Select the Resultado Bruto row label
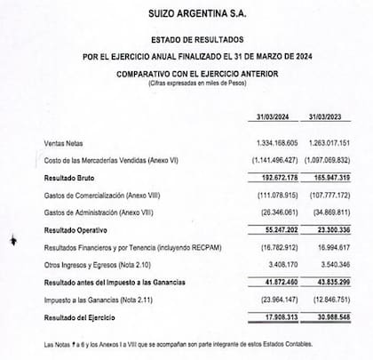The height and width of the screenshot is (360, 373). click(71, 179)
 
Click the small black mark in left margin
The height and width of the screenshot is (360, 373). click(11, 239)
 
